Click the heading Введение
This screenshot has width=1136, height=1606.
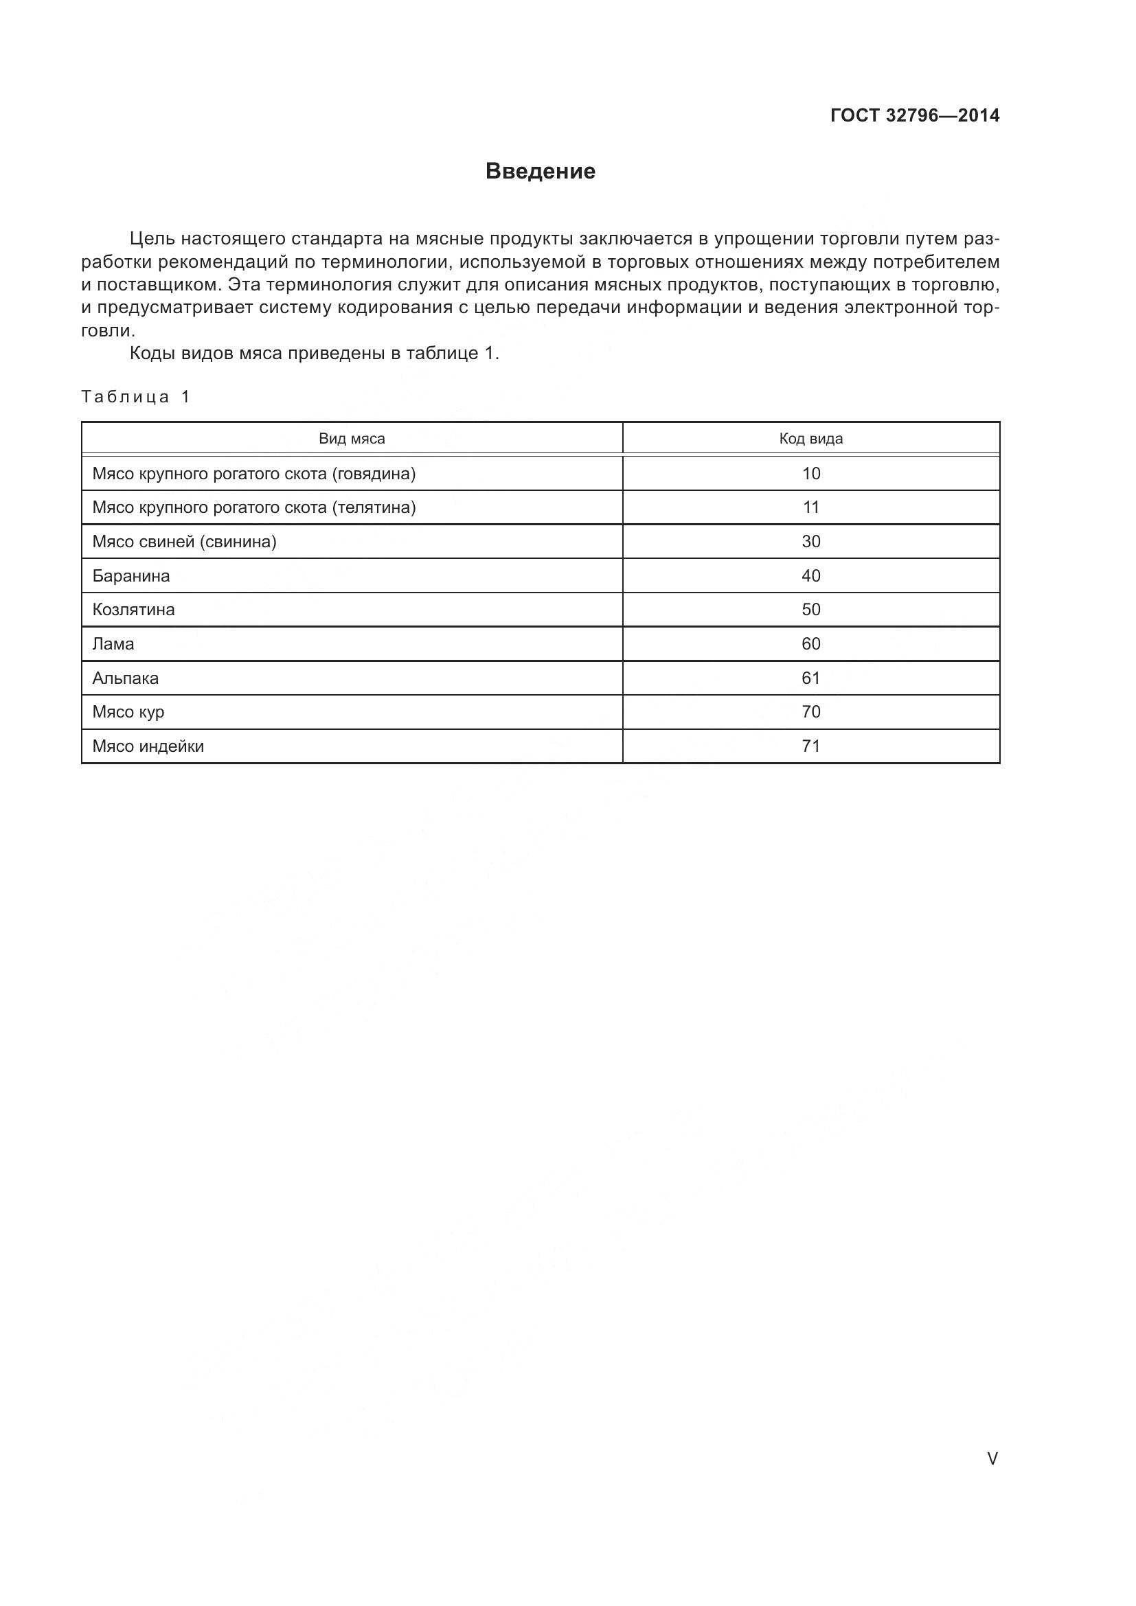pyautogui.click(x=540, y=172)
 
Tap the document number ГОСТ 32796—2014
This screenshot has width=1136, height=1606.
pyautogui.click(x=914, y=116)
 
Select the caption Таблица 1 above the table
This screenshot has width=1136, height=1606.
pyautogui.click(x=136, y=398)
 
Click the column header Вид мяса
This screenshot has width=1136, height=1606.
pyautogui.click(x=352, y=439)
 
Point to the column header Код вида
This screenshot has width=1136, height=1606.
pyautogui.click(x=810, y=439)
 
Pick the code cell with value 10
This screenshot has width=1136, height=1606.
pyautogui.click(x=810, y=474)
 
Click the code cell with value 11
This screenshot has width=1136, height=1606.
pyautogui.click(x=810, y=507)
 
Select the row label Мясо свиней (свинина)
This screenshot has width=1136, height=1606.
pyautogui.click(x=185, y=541)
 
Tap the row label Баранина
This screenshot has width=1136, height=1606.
pyautogui.click(x=131, y=575)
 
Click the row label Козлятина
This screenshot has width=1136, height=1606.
pyautogui.click(x=134, y=609)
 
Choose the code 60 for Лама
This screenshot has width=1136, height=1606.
pyautogui.click(x=810, y=643)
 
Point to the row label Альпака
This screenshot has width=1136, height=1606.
pyautogui.click(x=126, y=678)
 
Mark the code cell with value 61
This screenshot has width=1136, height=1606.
pyautogui.click(x=810, y=678)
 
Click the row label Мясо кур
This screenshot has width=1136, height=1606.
pyautogui.click(x=128, y=712)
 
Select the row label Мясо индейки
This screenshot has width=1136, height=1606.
pyautogui.click(x=148, y=746)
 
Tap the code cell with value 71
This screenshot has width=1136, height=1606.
pyautogui.click(x=810, y=746)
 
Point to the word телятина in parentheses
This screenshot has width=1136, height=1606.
pyautogui.click(x=374, y=508)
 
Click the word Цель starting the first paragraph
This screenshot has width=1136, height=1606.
pyautogui.click(x=152, y=239)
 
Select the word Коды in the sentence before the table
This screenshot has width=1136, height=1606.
pyautogui.click(x=152, y=353)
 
